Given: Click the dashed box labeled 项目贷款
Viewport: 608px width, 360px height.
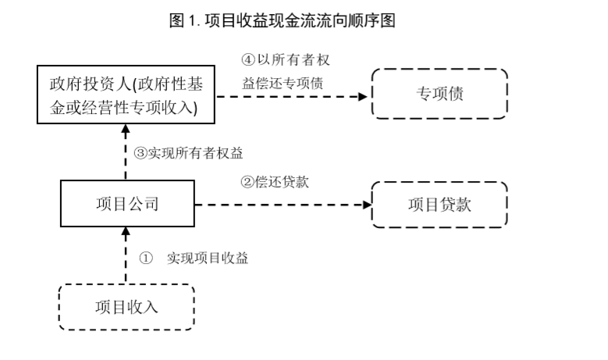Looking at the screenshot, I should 439,205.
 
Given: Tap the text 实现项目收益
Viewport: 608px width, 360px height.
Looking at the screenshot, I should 208,258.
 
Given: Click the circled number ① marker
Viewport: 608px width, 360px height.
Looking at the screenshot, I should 145,258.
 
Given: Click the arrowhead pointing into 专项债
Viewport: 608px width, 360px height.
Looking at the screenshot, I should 364,96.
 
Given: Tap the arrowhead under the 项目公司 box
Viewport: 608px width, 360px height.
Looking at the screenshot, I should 125,230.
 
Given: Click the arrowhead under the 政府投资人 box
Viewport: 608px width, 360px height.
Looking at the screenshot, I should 125,130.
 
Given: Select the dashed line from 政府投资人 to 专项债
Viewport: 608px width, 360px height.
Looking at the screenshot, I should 289,96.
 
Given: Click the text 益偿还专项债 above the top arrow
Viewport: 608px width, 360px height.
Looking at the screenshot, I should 279,80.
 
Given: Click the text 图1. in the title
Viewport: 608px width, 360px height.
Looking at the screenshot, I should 185,21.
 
